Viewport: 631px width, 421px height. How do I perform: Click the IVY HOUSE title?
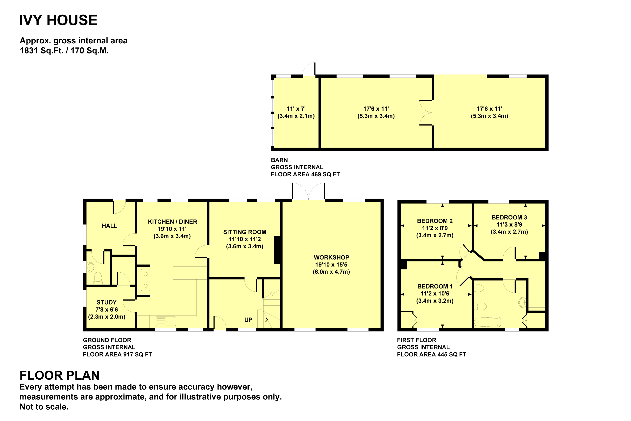click(58, 20)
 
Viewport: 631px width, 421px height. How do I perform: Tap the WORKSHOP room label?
click(331, 258)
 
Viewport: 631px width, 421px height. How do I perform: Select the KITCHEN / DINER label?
click(172, 222)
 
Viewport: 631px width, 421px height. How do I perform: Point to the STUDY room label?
click(106, 302)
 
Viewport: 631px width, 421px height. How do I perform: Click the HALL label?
click(109, 226)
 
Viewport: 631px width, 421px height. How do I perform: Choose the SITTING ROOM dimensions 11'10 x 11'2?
click(245, 239)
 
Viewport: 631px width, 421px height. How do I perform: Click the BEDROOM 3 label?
click(509, 217)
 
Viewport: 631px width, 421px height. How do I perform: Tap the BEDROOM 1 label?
click(435, 287)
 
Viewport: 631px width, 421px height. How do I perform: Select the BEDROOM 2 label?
click(435, 221)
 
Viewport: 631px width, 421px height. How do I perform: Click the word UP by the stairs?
click(248, 320)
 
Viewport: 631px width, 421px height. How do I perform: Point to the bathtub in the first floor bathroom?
click(488, 322)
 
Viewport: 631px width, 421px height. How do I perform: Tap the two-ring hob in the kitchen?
click(146, 280)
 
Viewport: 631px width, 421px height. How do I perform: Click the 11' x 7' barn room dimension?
click(296, 109)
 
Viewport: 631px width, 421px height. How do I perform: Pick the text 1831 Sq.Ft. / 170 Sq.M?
click(64, 51)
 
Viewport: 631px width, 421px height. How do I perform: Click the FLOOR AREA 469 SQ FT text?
click(305, 174)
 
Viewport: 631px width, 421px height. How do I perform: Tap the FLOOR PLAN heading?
click(59, 375)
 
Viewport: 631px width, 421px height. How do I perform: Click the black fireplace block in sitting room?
click(277, 250)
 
